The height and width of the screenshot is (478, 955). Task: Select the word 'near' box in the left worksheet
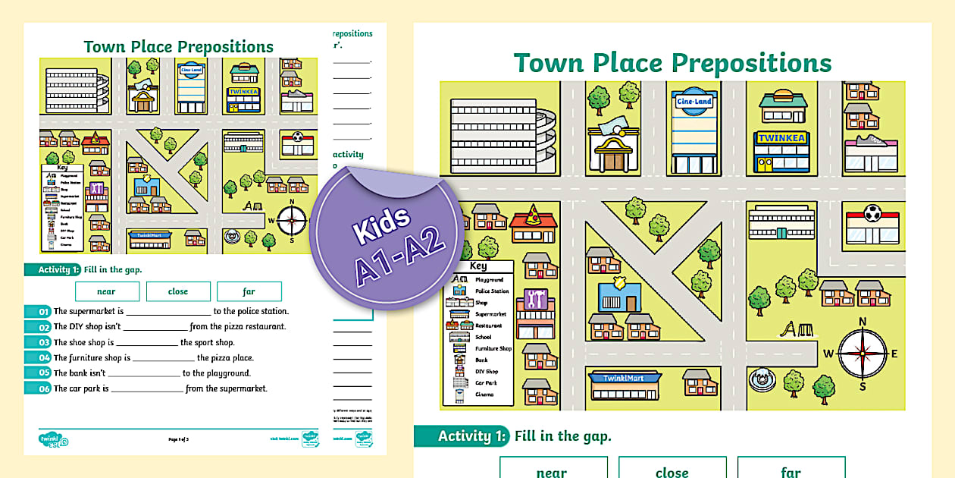point(107,291)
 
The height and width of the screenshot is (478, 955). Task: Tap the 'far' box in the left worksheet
point(249,291)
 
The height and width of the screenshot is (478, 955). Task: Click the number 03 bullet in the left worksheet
point(38,342)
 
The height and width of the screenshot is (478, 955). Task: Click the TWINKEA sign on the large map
point(781,139)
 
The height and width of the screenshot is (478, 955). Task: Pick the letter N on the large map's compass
point(863,322)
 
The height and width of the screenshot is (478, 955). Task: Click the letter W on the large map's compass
point(828,354)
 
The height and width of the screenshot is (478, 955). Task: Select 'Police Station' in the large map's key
point(492,291)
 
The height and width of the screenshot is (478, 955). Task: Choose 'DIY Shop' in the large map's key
point(487,372)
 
